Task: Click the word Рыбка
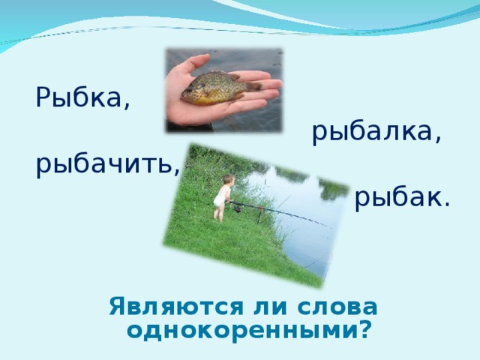tap(80, 98)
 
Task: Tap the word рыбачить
tap(104, 164)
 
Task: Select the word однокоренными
tap(240, 330)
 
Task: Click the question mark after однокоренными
tap(364, 330)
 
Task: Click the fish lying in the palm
tap(217, 86)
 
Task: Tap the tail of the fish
tap(253, 85)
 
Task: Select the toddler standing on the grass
tap(223, 197)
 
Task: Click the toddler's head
tap(227, 181)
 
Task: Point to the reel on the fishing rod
tap(238, 208)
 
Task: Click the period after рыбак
tap(447, 205)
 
